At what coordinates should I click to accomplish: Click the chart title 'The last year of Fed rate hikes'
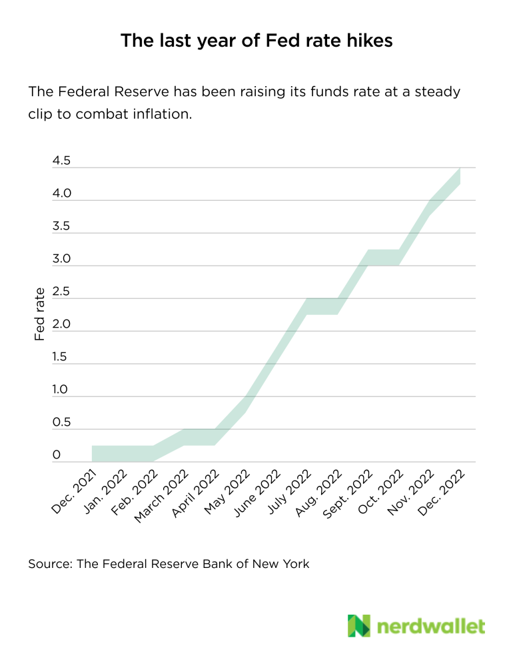256,41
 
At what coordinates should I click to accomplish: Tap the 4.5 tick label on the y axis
61,161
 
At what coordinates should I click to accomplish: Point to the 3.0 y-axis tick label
61,259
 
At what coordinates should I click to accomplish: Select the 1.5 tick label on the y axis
60,357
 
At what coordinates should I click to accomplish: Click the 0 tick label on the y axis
57,455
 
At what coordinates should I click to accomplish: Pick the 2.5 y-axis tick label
61,292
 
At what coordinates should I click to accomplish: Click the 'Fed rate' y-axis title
40,314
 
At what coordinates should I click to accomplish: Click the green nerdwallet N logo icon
358,625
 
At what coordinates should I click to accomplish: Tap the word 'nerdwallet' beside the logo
431,626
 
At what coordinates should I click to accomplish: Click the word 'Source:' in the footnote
50,564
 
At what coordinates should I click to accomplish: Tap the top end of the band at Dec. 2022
460,170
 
